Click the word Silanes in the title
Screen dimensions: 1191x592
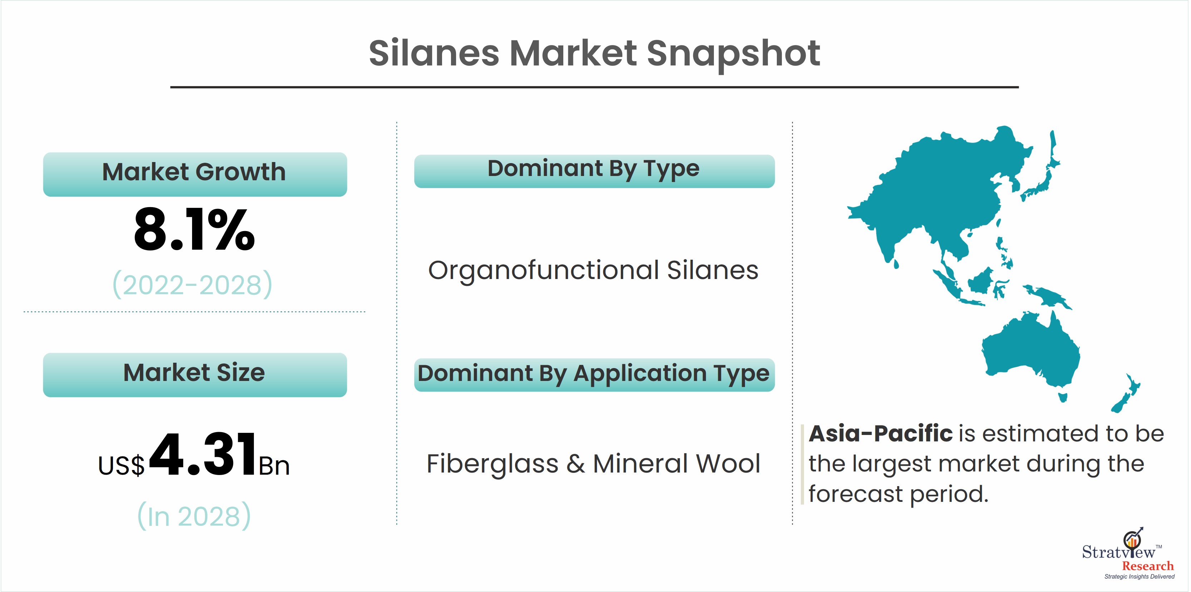(434, 53)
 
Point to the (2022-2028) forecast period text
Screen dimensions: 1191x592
(193, 284)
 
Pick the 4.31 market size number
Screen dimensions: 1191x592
(202, 454)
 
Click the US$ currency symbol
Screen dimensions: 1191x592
(121, 465)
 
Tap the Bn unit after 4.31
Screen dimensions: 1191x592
(274, 465)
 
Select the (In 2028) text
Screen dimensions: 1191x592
(194, 516)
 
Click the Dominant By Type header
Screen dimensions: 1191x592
(594, 171)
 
